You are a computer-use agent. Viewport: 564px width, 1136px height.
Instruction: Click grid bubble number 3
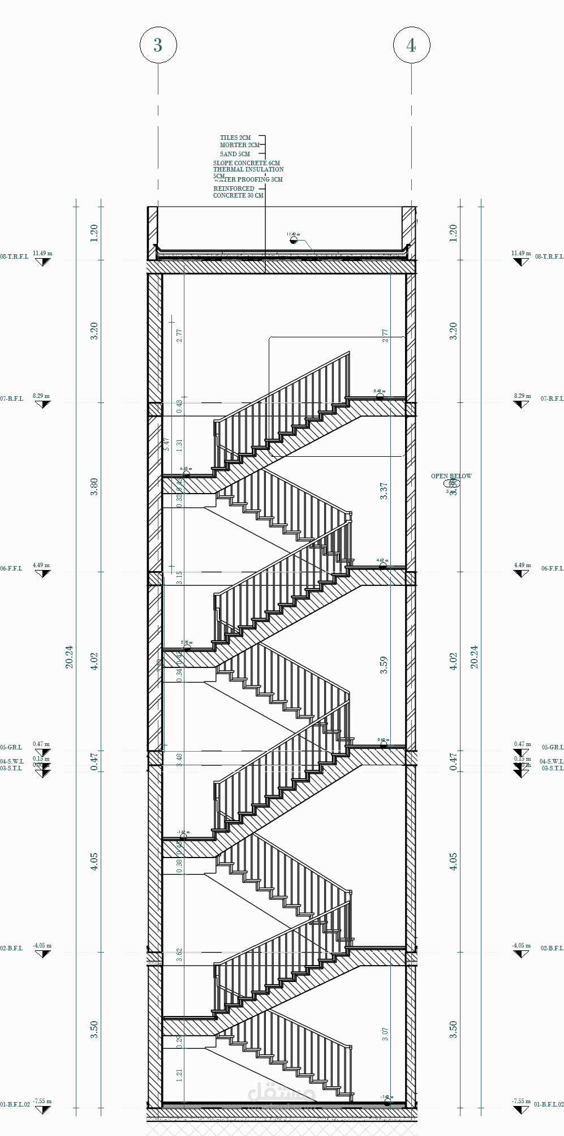[158, 45]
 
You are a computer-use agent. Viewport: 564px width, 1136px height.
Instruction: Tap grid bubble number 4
[411, 45]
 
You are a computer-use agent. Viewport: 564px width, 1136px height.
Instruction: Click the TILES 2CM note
[235, 138]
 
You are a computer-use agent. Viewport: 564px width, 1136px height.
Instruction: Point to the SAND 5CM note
[235, 154]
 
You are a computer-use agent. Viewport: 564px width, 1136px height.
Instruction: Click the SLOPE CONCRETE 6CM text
[246, 163]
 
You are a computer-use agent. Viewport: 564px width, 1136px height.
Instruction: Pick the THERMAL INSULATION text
[248, 169]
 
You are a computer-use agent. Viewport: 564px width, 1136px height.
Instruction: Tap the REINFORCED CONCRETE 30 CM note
[238, 192]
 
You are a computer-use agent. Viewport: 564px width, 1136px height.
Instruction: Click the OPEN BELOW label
[451, 476]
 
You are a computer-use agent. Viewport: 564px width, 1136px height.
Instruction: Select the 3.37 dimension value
[384, 491]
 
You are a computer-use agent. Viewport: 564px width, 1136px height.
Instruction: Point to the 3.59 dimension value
[384, 665]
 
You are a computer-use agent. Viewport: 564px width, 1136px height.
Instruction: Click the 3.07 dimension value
[385, 1034]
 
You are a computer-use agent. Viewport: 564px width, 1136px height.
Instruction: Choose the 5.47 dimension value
[166, 444]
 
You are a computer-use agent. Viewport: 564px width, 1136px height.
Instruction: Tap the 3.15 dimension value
[179, 577]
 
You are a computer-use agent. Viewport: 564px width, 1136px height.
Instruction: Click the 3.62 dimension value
[179, 955]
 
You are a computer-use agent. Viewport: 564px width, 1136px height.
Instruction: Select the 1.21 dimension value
[179, 1075]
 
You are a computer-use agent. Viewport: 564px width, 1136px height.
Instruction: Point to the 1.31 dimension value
[179, 444]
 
